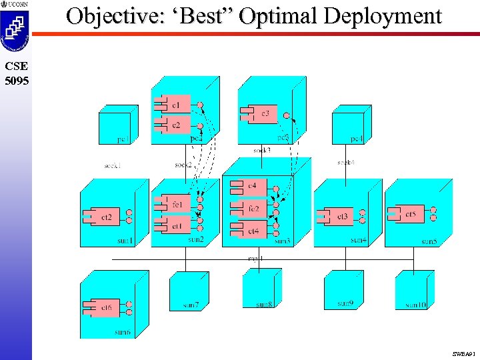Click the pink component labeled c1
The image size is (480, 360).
coord(175,105)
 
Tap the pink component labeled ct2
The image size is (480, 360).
coord(104,217)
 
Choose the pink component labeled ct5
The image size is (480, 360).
coord(407,214)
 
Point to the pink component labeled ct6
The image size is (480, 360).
coord(104,308)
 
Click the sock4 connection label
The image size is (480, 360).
coord(345,162)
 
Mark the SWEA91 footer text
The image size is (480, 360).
coord(463,353)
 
